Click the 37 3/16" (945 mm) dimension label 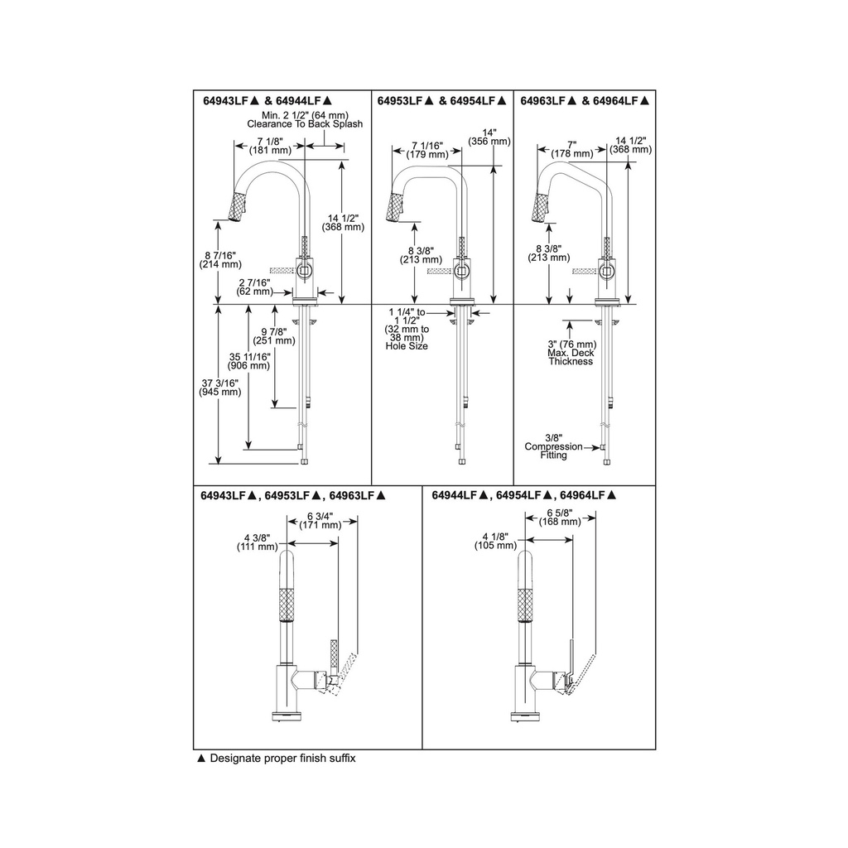click(220, 388)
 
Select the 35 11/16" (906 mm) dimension click(248, 361)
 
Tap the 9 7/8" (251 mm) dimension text click(274, 336)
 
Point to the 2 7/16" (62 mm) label click(254, 287)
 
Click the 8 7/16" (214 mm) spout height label click(220, 260)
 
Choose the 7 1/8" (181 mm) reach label click(270, 146)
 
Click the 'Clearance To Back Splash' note click(305, 124)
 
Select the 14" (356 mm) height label click(489, 137)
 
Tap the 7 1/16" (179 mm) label click(427, 150)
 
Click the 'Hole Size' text click(407, 346)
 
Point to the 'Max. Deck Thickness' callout click(571, 357)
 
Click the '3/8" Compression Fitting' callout click(554, 446)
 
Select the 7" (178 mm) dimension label click(572, 149)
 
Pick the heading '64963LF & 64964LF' click(585, 100)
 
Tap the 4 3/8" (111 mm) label click(258, 542)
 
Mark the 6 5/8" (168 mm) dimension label click(560, 517)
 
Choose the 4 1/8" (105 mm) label click(496, 541)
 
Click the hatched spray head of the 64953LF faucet click(398, 207)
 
